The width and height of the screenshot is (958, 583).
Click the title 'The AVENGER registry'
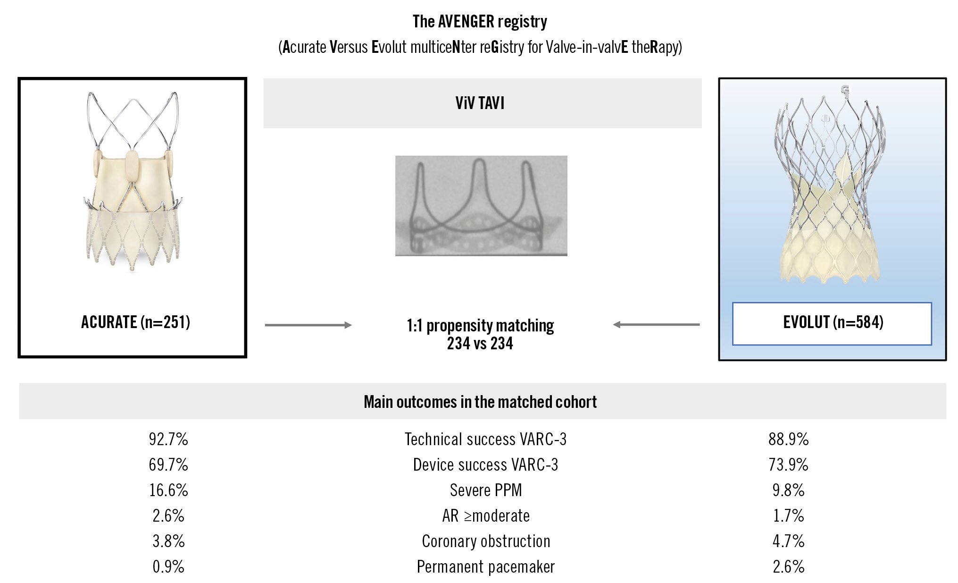click(480, 22)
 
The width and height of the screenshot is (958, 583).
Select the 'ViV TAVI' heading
click(480, 103)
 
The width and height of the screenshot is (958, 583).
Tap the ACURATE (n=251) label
click(135, 322)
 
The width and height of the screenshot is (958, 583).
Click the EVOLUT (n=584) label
click(833, 322)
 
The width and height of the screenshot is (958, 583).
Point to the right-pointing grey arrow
click(308, 325)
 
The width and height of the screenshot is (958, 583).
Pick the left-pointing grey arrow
click(656, 324)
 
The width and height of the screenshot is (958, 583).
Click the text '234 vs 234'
click(480, 343)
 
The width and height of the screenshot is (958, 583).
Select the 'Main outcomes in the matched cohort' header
click(480, 402)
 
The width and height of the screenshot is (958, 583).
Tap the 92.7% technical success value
click(168, 439)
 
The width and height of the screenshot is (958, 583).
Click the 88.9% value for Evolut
click(788, 439)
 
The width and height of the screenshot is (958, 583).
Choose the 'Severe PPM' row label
click(486, 490)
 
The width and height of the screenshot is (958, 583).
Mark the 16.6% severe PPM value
click(168, 490)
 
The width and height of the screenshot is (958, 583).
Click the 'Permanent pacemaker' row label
click(486, 566)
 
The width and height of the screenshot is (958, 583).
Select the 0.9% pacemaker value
click(168, 566)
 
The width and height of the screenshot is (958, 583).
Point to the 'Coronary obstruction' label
click(486, 541)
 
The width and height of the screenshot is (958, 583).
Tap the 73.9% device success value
click(788, 465)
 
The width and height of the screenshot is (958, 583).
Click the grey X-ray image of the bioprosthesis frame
click(481, 206)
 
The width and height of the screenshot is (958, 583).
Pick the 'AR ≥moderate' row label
click(486, 515)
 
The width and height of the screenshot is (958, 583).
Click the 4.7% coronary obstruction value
click(788, 541)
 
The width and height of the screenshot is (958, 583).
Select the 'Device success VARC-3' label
click(486, 465)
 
